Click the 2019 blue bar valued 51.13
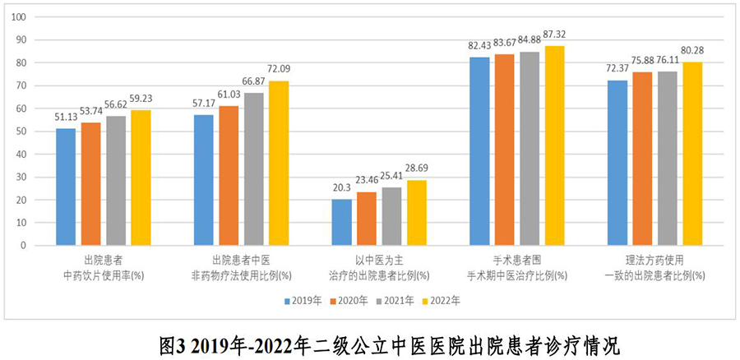(66, 187)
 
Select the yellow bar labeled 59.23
(141, 178)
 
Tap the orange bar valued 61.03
(229, 175)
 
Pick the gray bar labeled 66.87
(253, 168)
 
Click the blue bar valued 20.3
(342, 222)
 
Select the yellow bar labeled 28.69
(417, 212)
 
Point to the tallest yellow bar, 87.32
(555, 145)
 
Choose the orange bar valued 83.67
(504, 150)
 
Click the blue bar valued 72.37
(617, 162)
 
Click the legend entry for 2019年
(306, 301)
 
